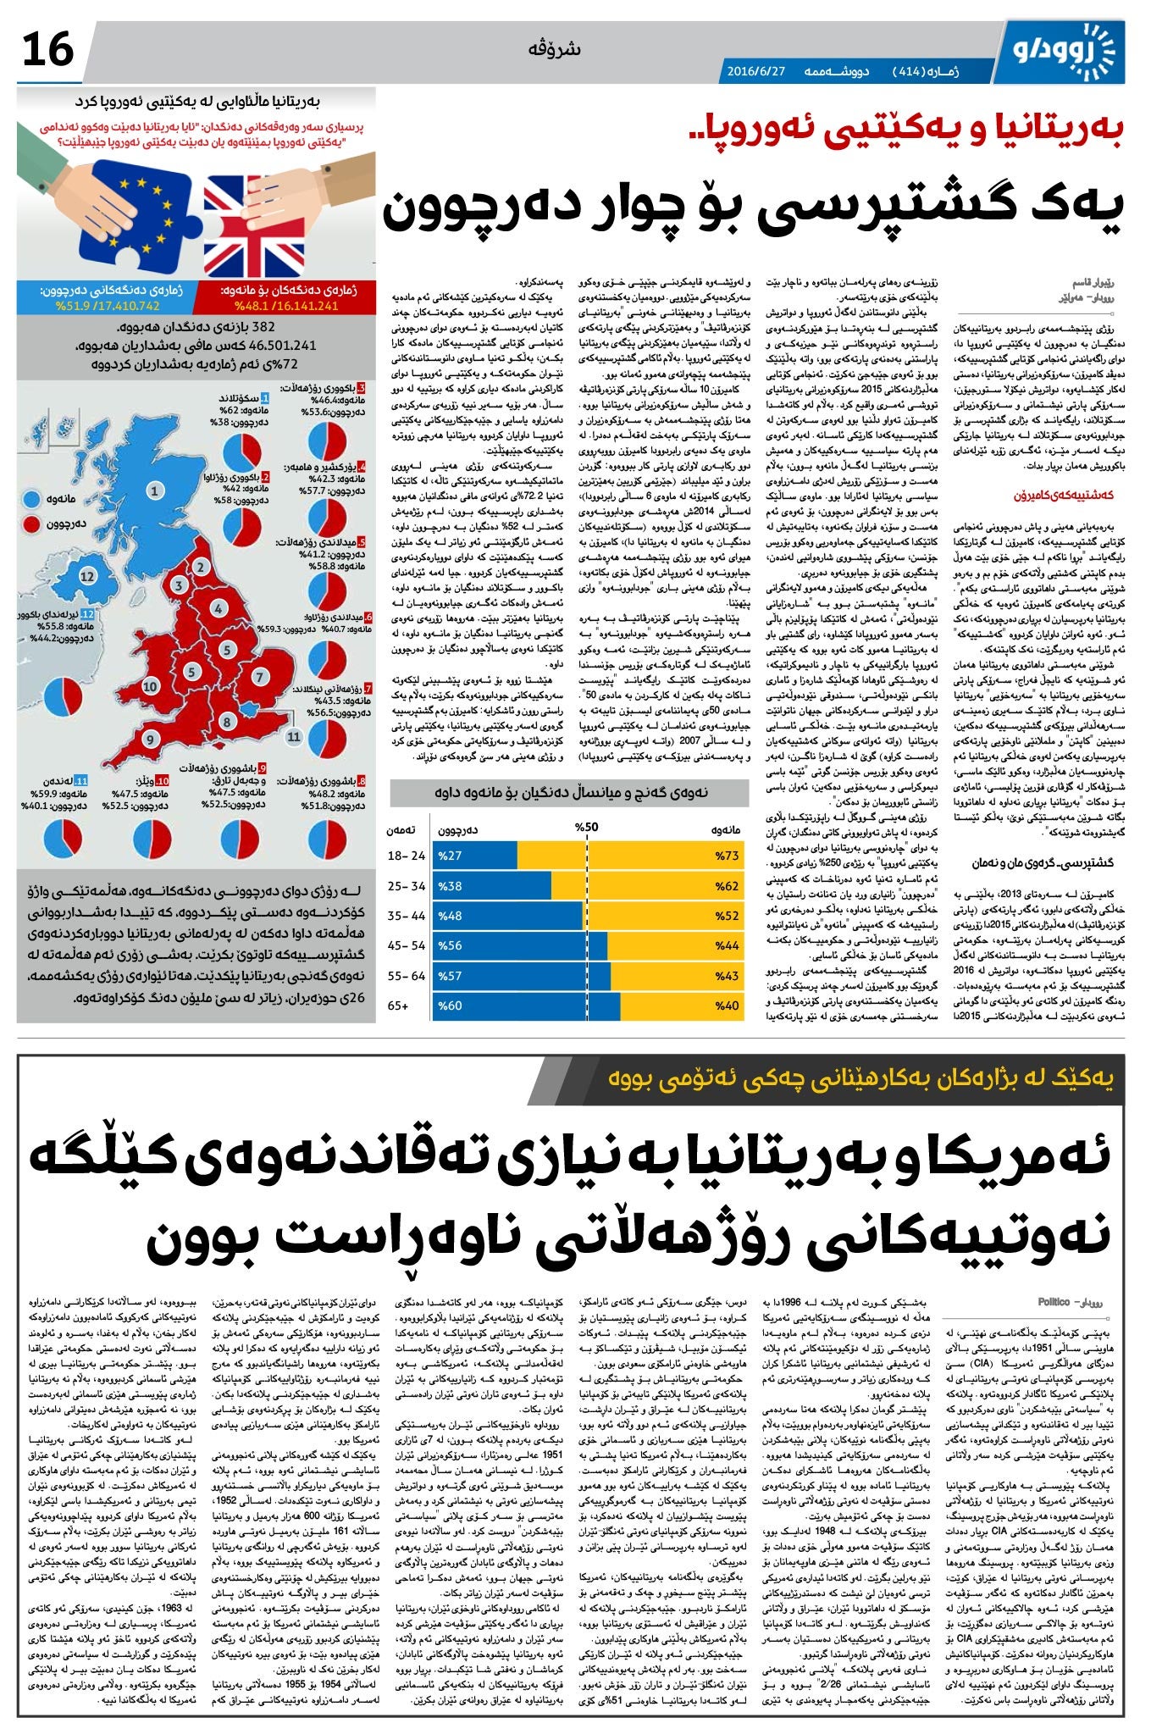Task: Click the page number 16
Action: [x=48, y=50]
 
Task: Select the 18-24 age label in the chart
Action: [x=407, y=856]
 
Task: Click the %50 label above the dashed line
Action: [x=586, y=828]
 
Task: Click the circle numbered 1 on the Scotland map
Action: [x=154, y=490]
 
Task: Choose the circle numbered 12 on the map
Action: [x=87, y=576]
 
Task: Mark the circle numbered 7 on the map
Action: [x=260, y=677]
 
